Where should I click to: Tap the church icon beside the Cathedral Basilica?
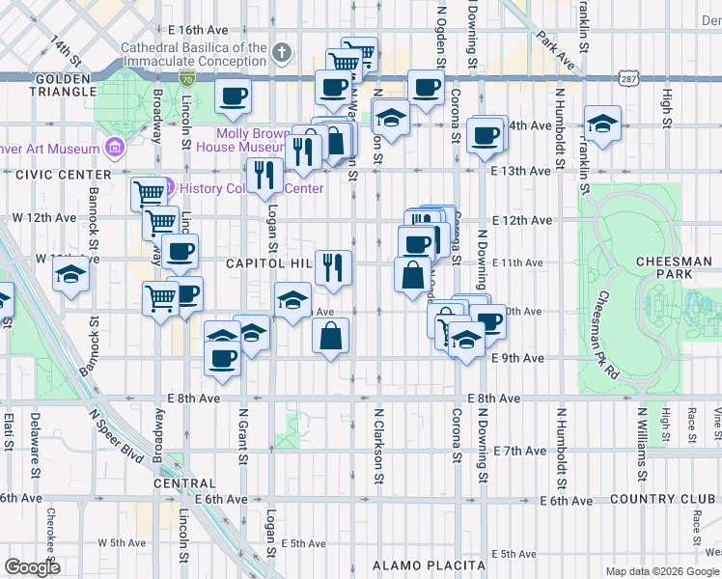[281, 52]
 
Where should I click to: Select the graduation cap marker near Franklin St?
[602, 124]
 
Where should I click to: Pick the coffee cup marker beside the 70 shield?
[233, 97]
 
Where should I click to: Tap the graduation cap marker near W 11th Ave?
[71, 277]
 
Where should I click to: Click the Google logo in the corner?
[32, 567]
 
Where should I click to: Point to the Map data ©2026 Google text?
[661, 571]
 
